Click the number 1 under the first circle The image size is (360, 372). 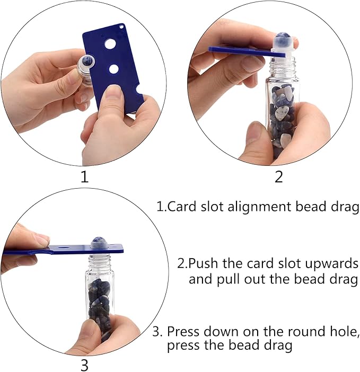click(84, 176)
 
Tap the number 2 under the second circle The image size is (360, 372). click(279, 176)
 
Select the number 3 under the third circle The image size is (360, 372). click(84, 365)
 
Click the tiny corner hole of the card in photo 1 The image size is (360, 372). click(124, 25)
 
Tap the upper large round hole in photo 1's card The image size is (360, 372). click(110, 44)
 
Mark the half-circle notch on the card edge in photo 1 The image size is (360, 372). click(139, 95)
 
